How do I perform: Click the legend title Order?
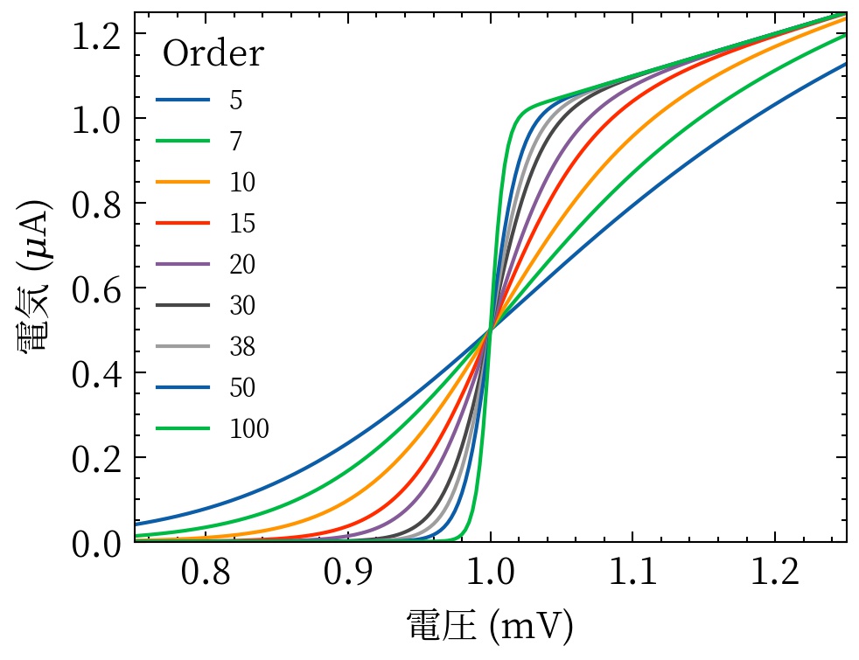pyautogui.click(x=213, y=55)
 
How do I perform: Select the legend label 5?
pyautogui.click(x=236, y=101)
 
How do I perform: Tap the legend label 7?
pyautogui.click(x=236, y=142)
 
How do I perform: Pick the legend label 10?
pyautogui.click(x=242, y=183)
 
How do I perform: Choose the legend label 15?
pyautogui.click(x=242, y=224)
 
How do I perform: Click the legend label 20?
pyautogui.click(x=242, y=265)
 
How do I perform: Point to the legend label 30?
pyautogui.click(x=242, y=306)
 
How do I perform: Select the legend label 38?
pyautogui.click(x=242, y=347)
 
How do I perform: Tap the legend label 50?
pyautogui.click(x=242, y=388)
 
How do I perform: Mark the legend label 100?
pyautogui.click(x=248, y=429)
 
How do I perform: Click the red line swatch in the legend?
pyautogui.click(x=183, y=224)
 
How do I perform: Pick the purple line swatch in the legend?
pyautogui.click(x=183, y=265)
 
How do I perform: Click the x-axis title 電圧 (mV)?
pyautogui.click(x=490, y=626)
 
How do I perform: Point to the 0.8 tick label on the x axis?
pyautogui.click(x=206, y=574)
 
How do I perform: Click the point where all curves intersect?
pyautogui.click(x=491, y=330)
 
